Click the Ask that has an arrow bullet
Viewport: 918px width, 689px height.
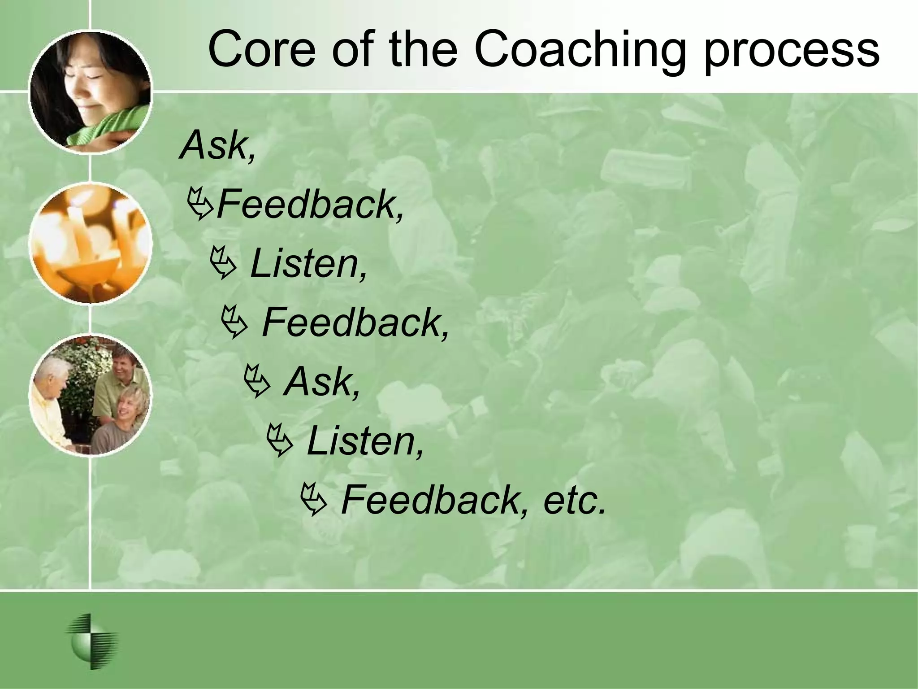point(322,382)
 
